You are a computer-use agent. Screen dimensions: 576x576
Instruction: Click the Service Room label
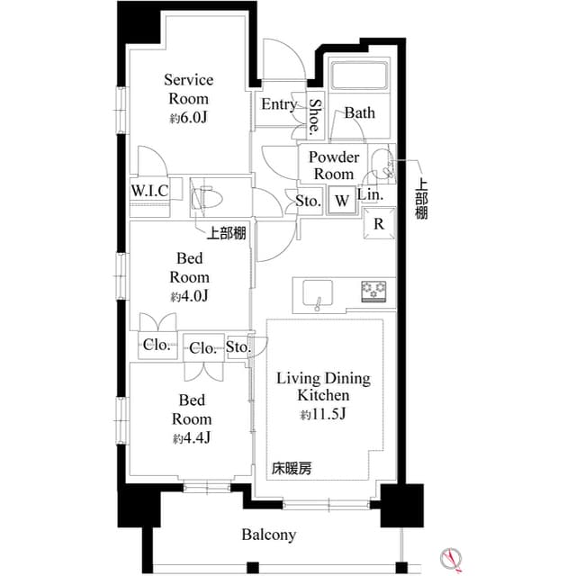[x=188, y=89]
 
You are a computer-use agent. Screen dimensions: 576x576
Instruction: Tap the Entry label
[x=279, y=104]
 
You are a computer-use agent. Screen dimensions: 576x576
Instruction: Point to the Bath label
[x=359, y=113]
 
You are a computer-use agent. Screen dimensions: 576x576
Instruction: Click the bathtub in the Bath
[x=357, y=76]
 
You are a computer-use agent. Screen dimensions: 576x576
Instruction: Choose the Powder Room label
[x=333, y=166]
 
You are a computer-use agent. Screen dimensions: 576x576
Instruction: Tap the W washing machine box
[x=342, y=200]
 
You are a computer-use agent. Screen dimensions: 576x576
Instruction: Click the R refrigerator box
[x=380, y=224]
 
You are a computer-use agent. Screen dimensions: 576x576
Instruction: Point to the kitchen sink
[x=317, y=292]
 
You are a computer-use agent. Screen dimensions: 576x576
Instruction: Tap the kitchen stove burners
[x=374, y=291]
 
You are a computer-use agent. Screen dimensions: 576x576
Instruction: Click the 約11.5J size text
[x=323, y=415]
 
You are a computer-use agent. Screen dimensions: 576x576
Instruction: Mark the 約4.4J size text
[x=192, y=437]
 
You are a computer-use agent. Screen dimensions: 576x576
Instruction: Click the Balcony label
[x=268, y=535]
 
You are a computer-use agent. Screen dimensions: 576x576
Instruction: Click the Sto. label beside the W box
[x=309, y=201]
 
